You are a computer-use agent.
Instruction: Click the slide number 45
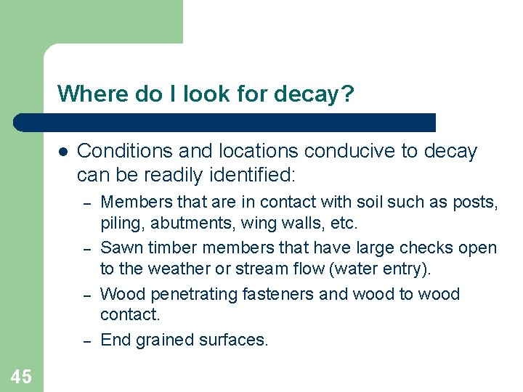click(21, 376)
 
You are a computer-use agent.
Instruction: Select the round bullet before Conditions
click(63, 152)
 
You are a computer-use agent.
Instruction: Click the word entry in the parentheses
click(404, 269)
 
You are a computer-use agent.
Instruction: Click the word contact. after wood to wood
click(129, 315)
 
